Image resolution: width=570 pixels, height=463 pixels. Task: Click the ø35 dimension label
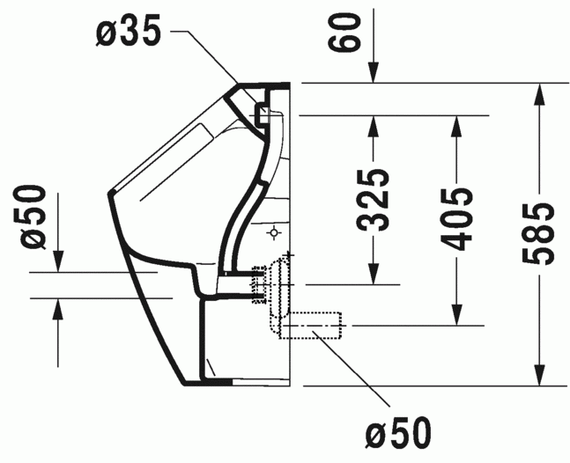tap(129, 32)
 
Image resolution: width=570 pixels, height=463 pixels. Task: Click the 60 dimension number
tap(344, 32)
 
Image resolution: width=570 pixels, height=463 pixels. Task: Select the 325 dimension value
tap(374, 200)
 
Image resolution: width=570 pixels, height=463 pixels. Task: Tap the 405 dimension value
tap(456, 219)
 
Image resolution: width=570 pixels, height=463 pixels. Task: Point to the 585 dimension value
tap(539, 233)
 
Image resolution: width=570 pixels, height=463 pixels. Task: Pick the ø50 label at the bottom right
tap(399, 433)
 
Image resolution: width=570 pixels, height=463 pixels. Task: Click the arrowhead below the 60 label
tap(374, 73)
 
